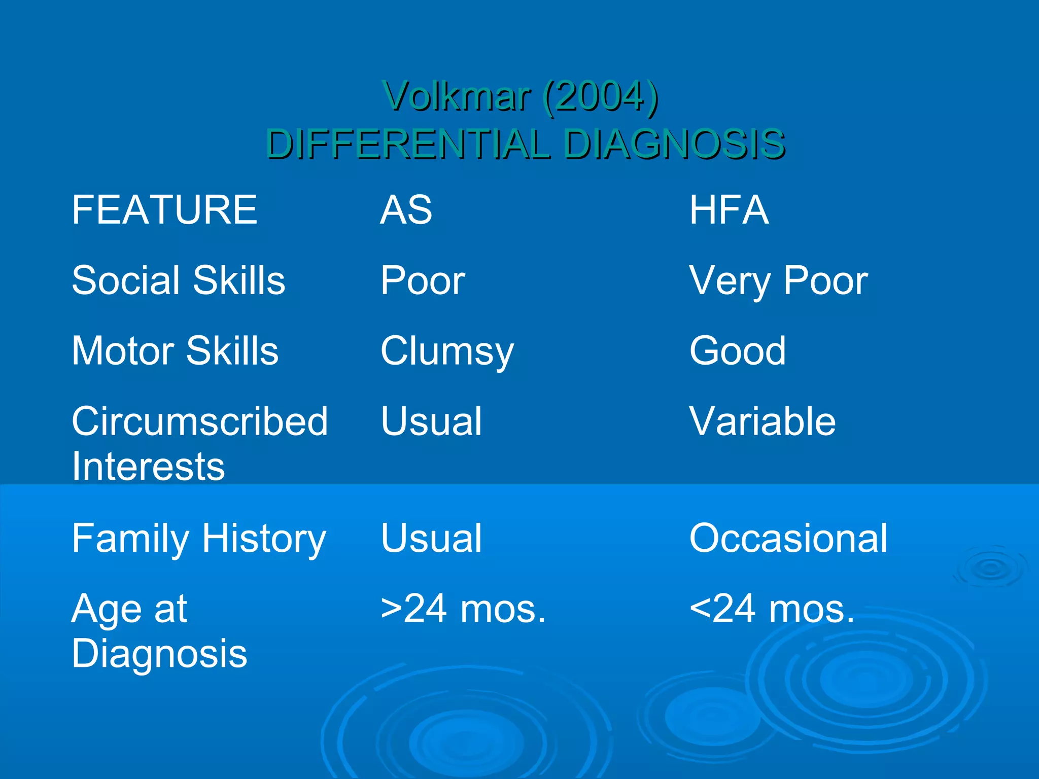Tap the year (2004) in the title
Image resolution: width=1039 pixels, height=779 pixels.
click(x=600, y=96)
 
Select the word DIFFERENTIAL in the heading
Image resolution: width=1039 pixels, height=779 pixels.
click(x=408, y=144)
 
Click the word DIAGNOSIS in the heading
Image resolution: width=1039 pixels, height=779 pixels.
click(x=674, y=144)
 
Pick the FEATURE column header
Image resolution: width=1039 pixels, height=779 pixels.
click(x=164, y=210)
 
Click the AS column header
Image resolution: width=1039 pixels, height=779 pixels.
click(x=406, y=210)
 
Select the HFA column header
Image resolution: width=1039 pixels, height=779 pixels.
click(x=729, y=210)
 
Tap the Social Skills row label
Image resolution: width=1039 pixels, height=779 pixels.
click(x=179, y=280)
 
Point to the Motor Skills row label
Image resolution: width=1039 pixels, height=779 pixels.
click(x=175, y=350)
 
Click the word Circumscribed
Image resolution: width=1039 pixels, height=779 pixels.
click(x=200, y=421)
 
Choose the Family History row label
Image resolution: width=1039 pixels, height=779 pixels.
click(x=199, y=539)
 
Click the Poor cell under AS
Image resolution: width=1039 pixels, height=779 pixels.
click(x=423, y=280)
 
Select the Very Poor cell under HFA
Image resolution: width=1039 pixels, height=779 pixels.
click(x=778, y=280)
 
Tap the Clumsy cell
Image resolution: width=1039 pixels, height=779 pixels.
click(x=447, y=351)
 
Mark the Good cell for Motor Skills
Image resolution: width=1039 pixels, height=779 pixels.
click(x=737, y=350)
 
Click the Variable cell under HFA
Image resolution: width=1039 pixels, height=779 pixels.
click(x=762, y=421)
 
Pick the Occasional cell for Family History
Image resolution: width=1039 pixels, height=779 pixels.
click(x=788, y=538)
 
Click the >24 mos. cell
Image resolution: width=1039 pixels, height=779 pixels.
click(x=463, y=609)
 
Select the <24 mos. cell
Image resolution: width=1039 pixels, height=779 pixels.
click(x=772, y=609)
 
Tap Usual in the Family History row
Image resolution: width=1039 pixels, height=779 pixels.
click(x=431, y=538)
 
